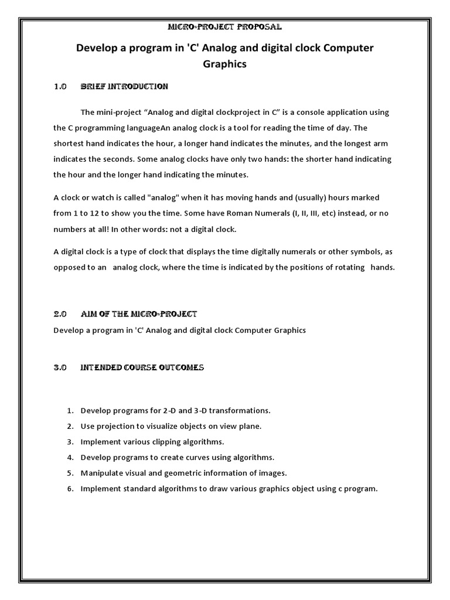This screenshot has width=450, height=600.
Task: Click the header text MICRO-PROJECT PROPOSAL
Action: pyautogui.click(x=224, y=27)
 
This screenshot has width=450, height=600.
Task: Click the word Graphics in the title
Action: pyautogui.click(x=224, y=64)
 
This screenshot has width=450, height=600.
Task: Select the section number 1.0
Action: pyautogui.click(x=60, y=87)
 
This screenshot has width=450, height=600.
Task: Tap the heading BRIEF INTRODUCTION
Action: pyautogui.click(x=124, y=87)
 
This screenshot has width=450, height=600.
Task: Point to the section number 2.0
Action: pyautogui.click(x=60, y=315)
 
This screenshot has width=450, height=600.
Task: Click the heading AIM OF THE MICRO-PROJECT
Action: pyautogui.click(x=139, y=315)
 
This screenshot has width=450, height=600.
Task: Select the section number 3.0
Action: pyautogui.click(x=60, y=368)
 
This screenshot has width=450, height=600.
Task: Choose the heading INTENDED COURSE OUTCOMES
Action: pyautogui.click(x=142, y=368)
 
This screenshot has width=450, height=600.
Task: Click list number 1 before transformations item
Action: pyautogui.click(x=69, y=411)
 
